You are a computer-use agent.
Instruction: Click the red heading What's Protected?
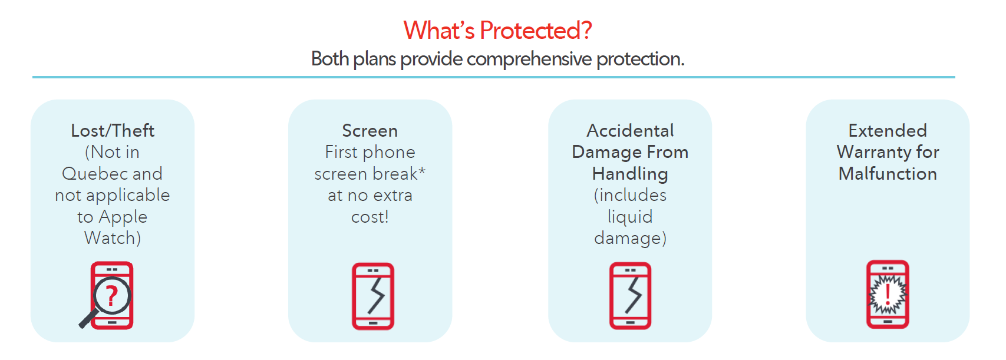497,31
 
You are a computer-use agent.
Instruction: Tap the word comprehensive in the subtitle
529,59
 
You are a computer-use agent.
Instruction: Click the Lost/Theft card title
113,130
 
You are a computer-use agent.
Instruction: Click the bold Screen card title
370,130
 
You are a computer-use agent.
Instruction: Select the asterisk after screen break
421,171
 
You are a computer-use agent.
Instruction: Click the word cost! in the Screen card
370,217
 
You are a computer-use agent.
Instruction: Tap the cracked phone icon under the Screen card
372,296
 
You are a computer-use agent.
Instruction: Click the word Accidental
630,130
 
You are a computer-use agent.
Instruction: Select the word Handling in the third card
630,174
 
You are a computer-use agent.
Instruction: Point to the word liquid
630,217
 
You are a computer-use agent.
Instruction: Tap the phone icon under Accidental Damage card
630,296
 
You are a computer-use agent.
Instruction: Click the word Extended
888,130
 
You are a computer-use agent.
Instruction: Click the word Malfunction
888,174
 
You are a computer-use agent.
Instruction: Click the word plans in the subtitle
374,59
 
